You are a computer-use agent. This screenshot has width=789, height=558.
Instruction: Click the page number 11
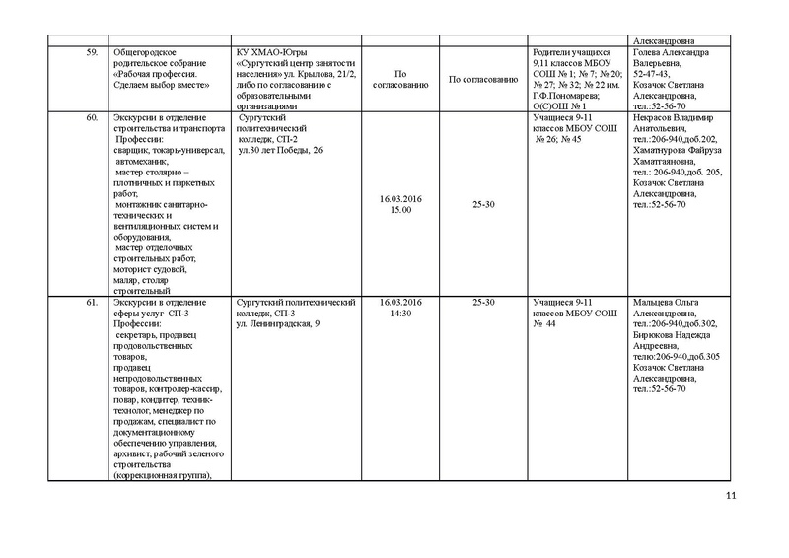tap(731, 495)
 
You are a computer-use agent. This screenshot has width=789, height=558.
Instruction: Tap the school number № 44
tap(545, 322)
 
